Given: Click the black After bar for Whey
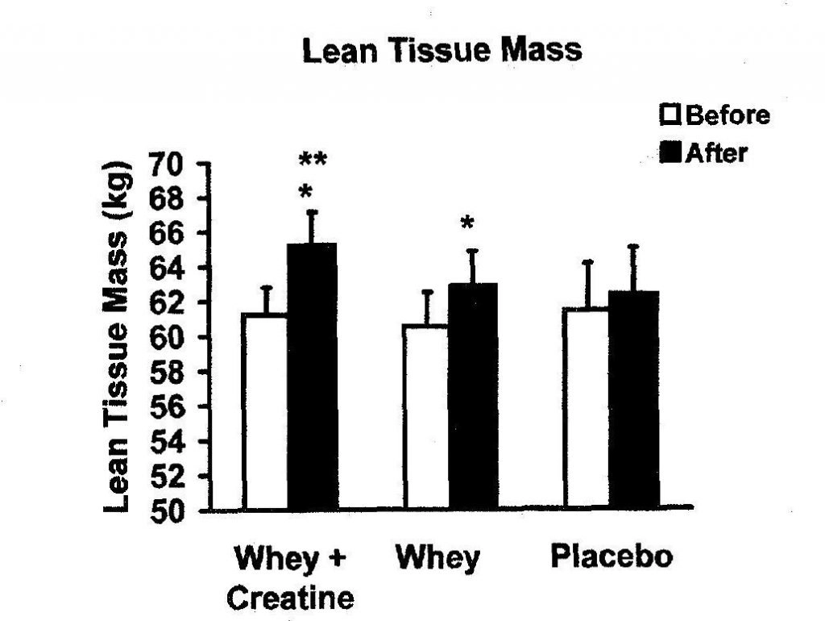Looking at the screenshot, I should coord(474,396).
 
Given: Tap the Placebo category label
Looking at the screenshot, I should coord(611,557).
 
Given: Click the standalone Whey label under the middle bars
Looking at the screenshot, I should coord(437,557).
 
